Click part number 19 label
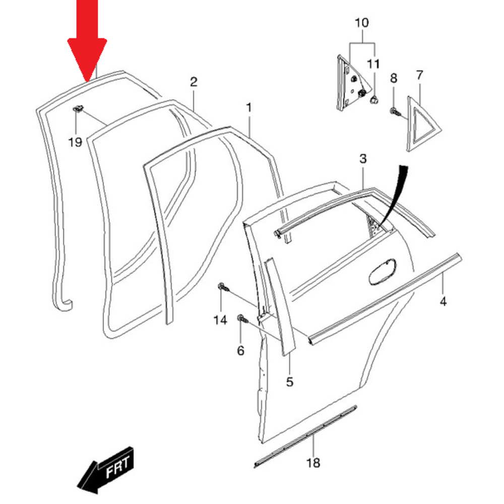coord(75,143)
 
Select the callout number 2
coord(194,82)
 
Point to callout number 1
coord(248,107)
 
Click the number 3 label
coord(363,159)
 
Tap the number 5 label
coord(290,382)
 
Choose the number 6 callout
coord(240,350)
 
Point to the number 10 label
coord(362,23)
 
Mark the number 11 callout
coord(373,64)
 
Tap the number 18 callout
coord(313,463)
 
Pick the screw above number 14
coord(222,287)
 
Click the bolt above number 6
coord(241,319)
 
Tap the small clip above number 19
coord(78,107)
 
